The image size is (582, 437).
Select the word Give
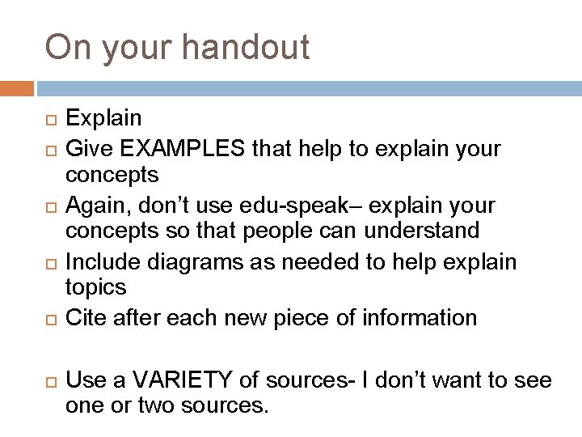coord(87,150)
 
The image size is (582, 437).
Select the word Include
coord(101,262)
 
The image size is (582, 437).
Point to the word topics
coord(95,286)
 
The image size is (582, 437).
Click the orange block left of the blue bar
coord(17,88)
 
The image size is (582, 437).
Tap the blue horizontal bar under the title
coord(307,88)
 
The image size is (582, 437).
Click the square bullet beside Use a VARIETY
coord(51,380)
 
